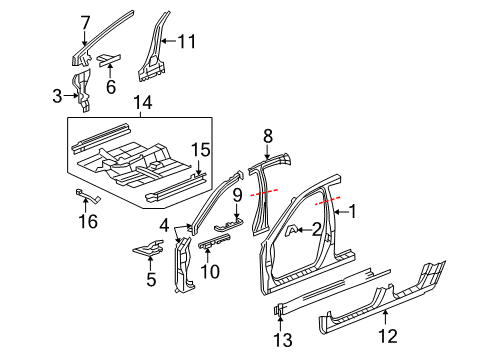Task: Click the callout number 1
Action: pos(352,211)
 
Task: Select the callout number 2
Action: pos(316,229)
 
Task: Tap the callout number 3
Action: pos(56,96)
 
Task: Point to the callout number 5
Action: pos(151,280)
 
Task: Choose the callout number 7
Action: pos(85,21)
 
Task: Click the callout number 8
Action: pos(267,135)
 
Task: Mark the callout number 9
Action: pos(237,194)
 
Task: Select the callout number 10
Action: pos(212,271)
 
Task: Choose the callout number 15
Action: pos(201,149)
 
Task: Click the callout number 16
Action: pos(88,220)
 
